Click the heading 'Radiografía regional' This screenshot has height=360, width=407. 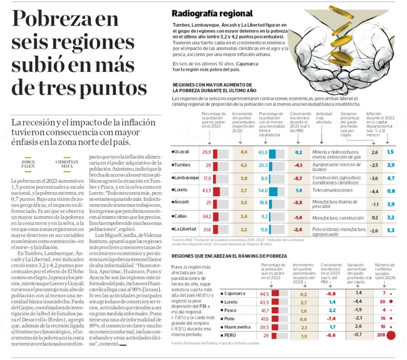pyautogui.click(x=212, y=14)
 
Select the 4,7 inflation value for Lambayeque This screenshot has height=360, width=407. pyautogui.click(x=391, y=178)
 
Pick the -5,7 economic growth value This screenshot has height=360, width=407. pyautogui.click(x=298, y=178)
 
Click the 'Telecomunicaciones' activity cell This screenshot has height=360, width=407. pyautogui.click(x=332, y=190)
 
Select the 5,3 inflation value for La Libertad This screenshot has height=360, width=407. pyautogui.click(x=391, y=230)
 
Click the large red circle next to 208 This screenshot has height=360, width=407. pyautogui.click(x=391, y=335)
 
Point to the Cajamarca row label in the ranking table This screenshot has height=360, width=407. pyautogui.click(x=234, y=293)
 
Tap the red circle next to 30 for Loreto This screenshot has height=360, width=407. pyautogui.click(x=391, y=302)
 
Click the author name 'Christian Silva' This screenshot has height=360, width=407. pyautogui.click(x=67, y=164)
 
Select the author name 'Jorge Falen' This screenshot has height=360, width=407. pyautogui.click(x=29, y=164)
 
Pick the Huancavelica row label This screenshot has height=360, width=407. pyautogui.click(x=237, y=327)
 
